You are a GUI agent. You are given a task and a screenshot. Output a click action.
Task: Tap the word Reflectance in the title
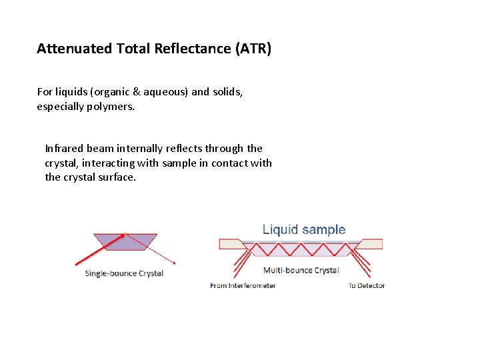[186, 49]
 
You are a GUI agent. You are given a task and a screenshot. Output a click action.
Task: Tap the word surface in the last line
[118, 177]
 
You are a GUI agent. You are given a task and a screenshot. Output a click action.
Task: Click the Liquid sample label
[304, 230]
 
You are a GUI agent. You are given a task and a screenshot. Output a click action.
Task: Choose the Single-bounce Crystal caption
[124, 273]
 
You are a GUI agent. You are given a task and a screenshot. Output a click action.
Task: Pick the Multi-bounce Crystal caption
[301, 270]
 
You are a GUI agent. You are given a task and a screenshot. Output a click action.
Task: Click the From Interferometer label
[243, 285]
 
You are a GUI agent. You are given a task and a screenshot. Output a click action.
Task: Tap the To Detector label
[367, 285]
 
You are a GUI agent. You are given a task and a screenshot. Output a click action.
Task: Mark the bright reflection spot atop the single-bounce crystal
[125, 235]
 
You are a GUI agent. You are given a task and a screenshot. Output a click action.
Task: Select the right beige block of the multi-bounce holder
[371, 244]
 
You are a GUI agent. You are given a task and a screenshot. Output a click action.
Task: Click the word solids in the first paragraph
[228, 92]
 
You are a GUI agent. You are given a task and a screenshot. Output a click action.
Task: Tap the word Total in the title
[131, 49]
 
